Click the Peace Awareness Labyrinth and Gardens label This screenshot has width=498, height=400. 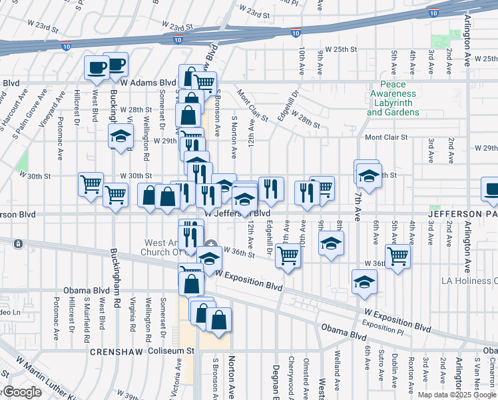[393, 99]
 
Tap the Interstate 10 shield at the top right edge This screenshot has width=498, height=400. [433, 12]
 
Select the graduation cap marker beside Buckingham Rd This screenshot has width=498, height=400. [121, 137]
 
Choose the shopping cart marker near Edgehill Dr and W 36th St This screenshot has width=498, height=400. [288, 254]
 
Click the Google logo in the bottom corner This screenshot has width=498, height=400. [21, 393]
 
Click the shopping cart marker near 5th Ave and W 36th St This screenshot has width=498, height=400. [397, 255]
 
